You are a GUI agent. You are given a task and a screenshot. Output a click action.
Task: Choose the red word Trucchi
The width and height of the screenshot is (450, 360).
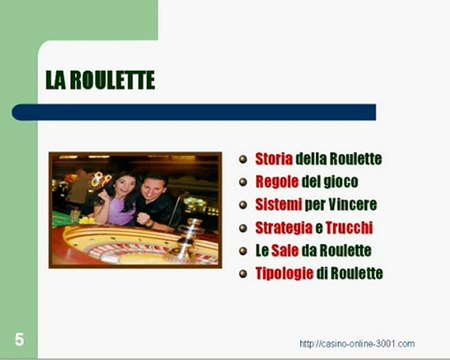pos(352,228)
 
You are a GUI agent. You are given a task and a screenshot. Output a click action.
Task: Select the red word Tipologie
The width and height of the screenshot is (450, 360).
pos(284,273)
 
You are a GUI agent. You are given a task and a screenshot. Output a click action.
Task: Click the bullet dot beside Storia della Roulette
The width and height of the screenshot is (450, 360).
pos(244,160)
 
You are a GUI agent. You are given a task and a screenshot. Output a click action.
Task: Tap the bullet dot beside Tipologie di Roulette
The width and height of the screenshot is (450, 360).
pos(244,274)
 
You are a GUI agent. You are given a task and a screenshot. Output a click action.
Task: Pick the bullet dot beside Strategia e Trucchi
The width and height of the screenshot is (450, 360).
pos(244,228)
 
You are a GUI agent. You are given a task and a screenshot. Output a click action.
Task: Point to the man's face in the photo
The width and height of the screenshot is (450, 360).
pos(156,187)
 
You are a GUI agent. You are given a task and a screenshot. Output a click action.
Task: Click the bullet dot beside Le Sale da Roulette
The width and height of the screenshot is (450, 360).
pos(244,251)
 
